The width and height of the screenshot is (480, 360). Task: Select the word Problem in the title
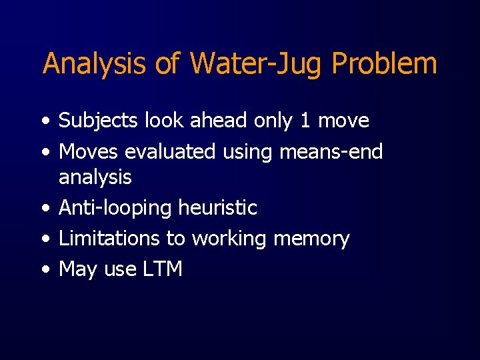[x=384, y=64]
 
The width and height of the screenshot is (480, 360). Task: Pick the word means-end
[x=331, y=152]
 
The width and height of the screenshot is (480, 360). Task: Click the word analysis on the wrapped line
[x=95, y=177]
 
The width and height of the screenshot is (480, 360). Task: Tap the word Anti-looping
[x=115, y=208]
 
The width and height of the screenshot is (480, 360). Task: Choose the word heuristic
[x=218, y=208]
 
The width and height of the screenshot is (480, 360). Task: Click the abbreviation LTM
[x=162, y=269]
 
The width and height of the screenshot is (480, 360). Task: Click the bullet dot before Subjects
[x=44, y=121]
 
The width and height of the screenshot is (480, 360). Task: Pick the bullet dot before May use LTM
[x=44, y=270]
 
